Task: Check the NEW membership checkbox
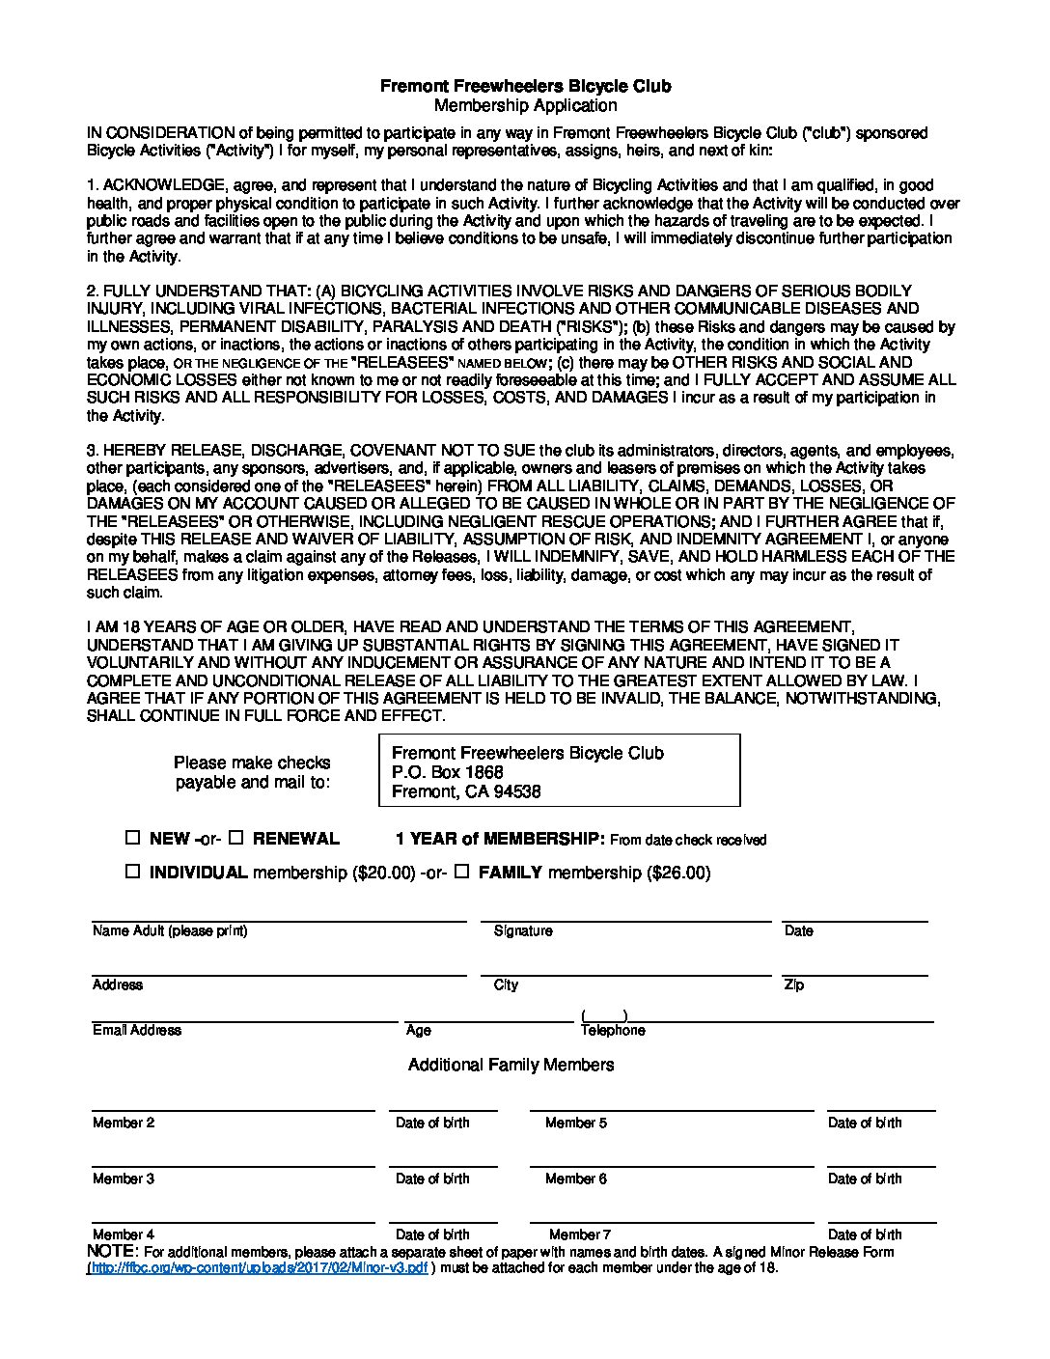click(133, 838)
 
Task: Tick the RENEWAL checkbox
click(236, 838)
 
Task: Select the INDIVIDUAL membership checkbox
click(133, 872)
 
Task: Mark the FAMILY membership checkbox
click(461, 872)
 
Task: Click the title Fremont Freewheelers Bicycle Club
click(525, 86)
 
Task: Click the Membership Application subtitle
click(525, 105)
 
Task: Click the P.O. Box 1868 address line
click(448, 772)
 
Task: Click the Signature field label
click(523, 930)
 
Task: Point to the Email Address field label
click(137, 1030)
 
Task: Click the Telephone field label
click(613, 1030)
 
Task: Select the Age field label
click(419, 1030)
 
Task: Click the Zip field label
click(793, 985)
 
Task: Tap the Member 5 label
click(576, 1123)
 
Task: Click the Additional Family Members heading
click(511, 1065)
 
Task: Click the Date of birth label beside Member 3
click(432, 1179)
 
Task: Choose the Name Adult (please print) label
click(170, 930)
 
